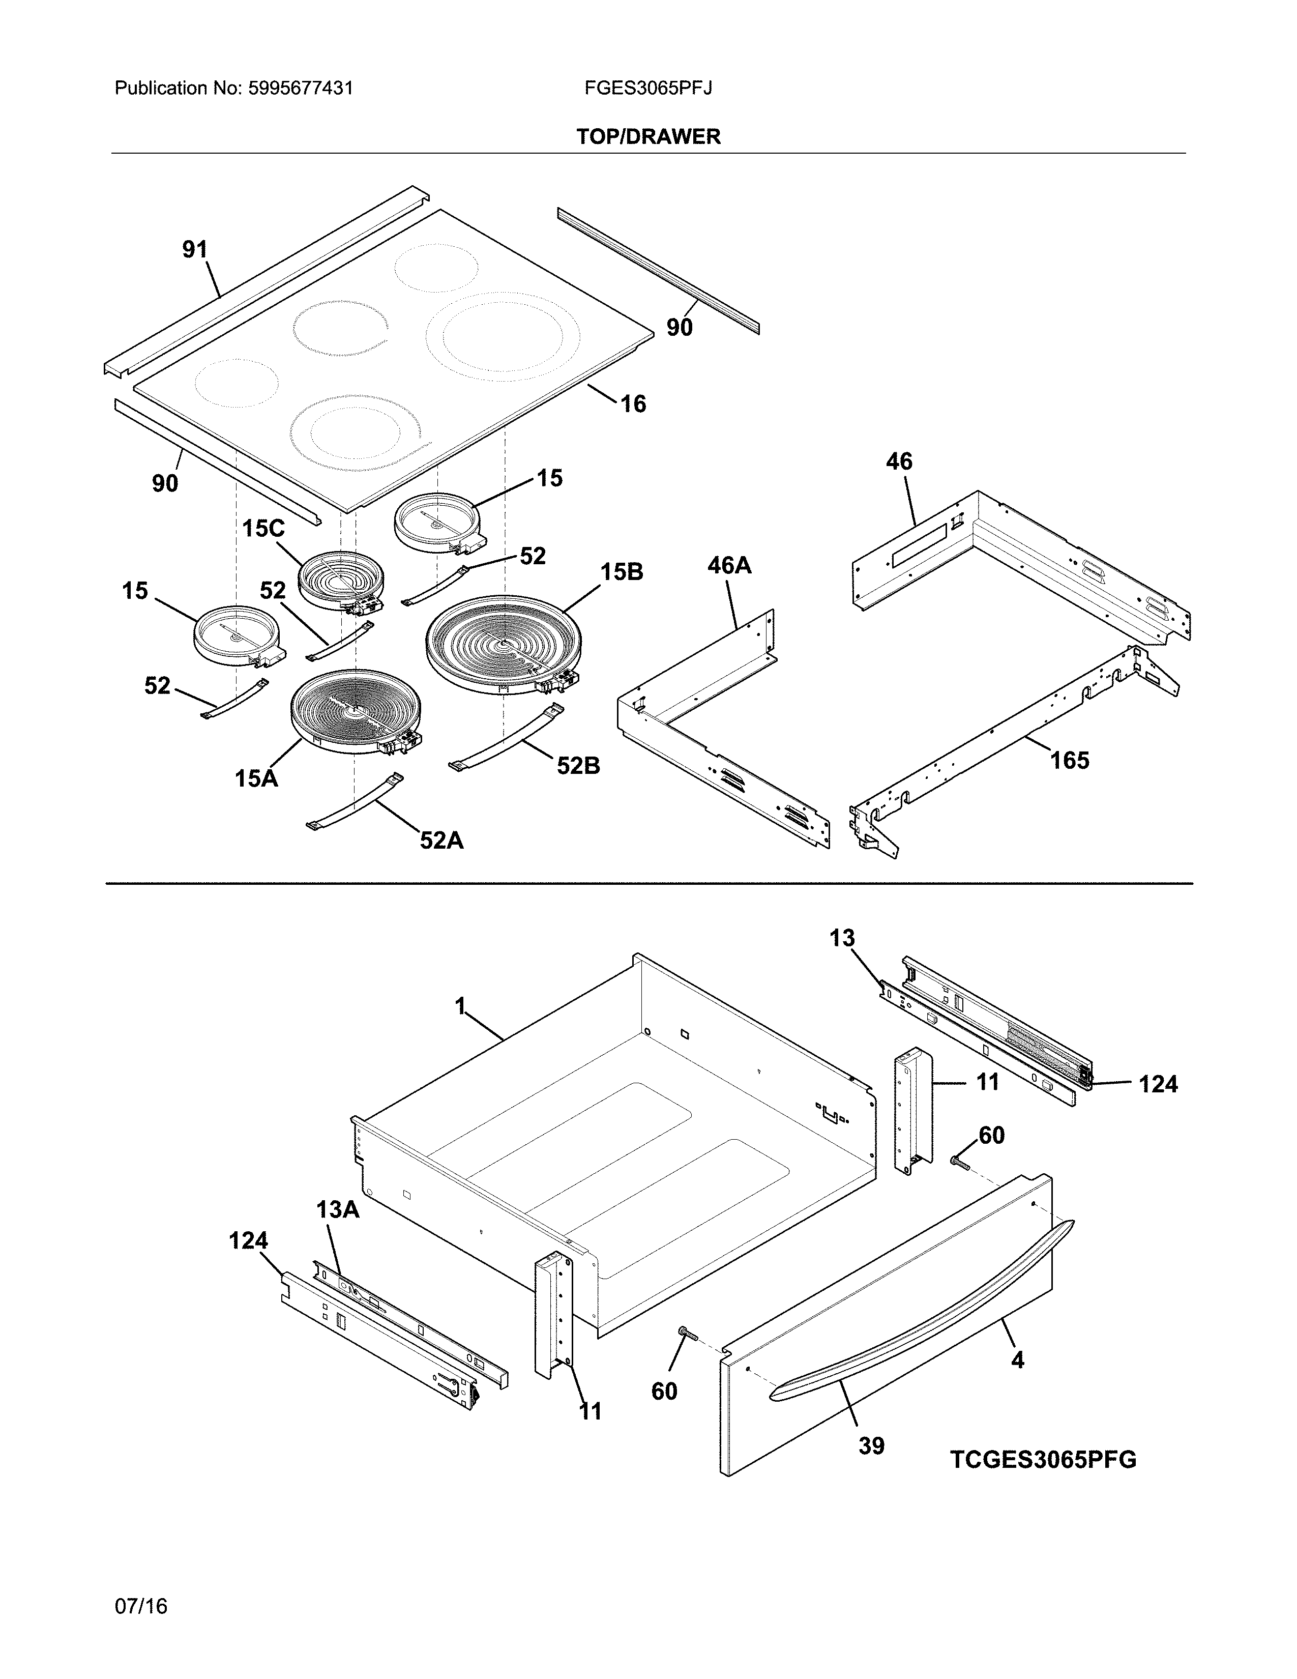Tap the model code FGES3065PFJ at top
pyautogui.click(x=647, y=89)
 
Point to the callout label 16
pyautogui.click(x=633, y=403)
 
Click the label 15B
pyautogui.click(x=621, y=572)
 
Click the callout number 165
pyautogui.click(x=1070, y=760)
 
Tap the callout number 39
pyautogui.click(x=871, y=1446)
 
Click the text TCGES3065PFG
pyautogui.click(x=1043, y=1459)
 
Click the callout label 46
pyautogui.click(x=899, y=461)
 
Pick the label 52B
pyautogui.click(x=578, y=765)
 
